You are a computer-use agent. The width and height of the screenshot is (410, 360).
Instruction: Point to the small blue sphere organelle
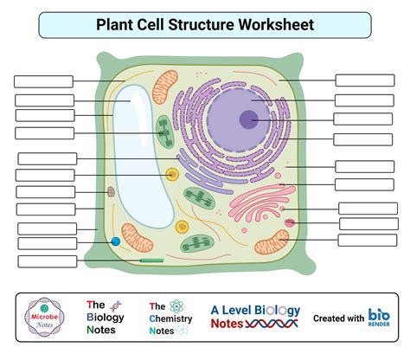coord(115,242)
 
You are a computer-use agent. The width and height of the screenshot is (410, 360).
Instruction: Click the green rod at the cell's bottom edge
coord(152,259)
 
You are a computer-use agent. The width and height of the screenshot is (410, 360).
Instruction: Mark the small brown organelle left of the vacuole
coord(111,192)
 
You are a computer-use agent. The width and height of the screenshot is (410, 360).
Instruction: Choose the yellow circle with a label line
coord(172,175)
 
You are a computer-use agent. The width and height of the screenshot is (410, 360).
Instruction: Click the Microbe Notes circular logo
coord(42,318)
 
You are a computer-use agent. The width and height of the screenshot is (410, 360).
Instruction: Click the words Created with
coord(338,318)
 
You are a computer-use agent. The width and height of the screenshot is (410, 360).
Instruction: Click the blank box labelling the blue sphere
coord(47,245)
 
